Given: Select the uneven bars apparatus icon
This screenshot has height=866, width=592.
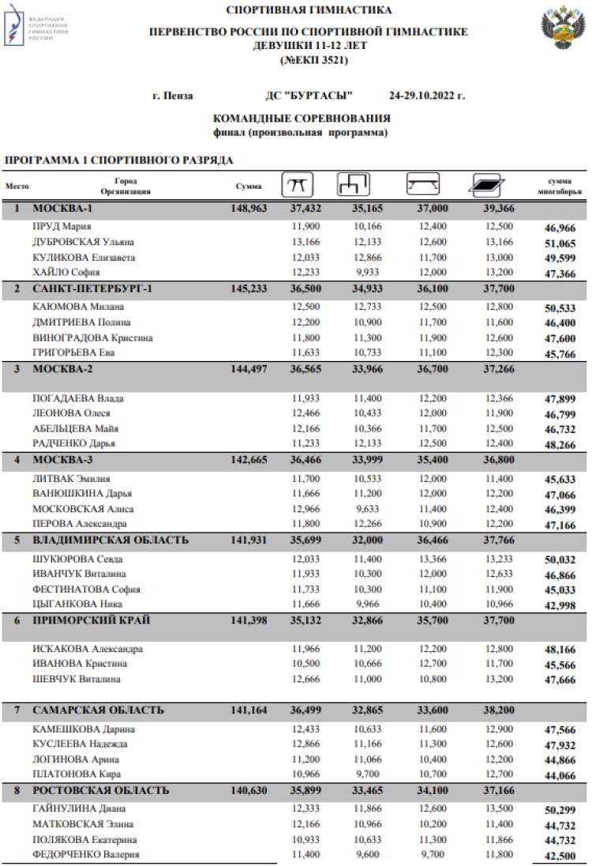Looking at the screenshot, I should tap(353, 185).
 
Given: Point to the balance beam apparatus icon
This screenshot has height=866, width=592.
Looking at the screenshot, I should tap(423, 186).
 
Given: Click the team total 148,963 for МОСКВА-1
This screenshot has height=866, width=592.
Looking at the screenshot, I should tap(250, 209).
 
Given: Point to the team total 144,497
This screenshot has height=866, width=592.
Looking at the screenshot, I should tap(250, 369).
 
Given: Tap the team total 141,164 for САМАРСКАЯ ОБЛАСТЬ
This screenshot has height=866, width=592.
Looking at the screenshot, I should tap(250, 710).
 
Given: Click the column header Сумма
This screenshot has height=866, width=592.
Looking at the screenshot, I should tap(249, 186).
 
